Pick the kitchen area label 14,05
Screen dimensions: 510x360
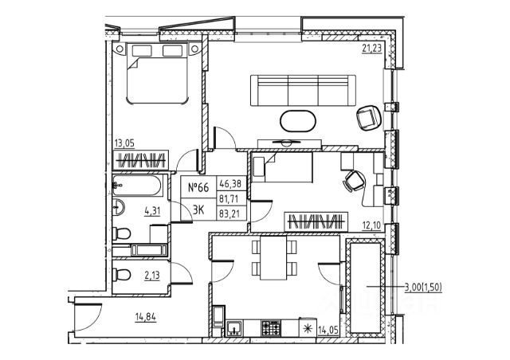tap(328, 327)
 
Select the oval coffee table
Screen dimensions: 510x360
tap(297, 121)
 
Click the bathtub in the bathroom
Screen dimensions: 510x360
tap(137, 189)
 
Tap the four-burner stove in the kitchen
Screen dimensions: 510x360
tap(272, 327)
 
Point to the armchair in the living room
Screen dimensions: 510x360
tap(368, 118)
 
